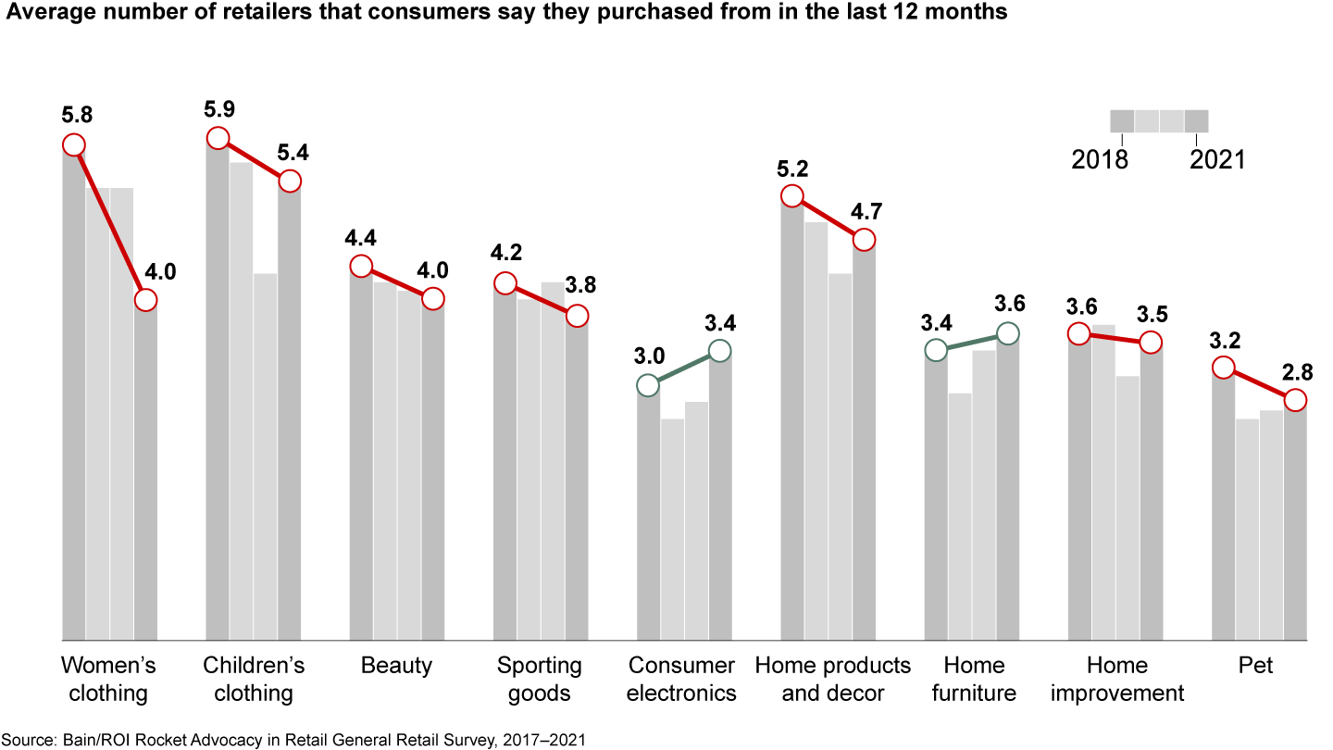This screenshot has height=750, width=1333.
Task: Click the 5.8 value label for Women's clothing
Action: (77, 116)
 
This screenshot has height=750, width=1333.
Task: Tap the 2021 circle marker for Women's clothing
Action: (145, 300)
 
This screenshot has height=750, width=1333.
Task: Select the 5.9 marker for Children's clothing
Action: (218, 138)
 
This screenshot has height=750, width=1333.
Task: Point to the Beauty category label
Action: (396, 666)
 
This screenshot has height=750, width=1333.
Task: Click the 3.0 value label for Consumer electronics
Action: (649, 356)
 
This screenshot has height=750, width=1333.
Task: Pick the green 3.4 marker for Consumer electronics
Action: (719, 351)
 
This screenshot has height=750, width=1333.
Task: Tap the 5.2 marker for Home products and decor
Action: (791, 195)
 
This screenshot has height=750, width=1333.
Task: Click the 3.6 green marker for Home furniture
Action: (1007, 333)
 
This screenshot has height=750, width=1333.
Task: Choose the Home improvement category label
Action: (1116, 680)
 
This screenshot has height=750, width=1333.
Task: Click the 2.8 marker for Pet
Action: (1295, 400)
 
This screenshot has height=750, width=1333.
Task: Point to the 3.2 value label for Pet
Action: (1224, 340)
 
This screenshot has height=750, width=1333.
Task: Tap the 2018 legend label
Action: (1100, 160)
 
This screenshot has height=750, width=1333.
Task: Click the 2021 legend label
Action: (1217, 160)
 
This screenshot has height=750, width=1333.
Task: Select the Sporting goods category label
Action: (540, 680)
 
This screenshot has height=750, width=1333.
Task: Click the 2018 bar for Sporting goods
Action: (505, 463)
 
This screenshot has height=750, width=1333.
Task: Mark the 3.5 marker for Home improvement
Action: (1151, 343)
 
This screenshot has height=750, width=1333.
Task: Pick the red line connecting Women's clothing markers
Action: (109, 222)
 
